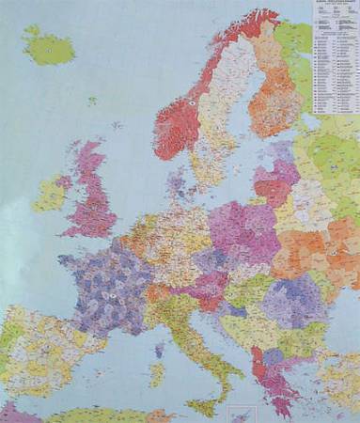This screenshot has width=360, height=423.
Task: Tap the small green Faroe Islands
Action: (91, 101)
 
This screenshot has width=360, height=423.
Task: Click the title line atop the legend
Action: (336, 5)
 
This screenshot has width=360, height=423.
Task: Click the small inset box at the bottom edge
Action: (243, 415)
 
